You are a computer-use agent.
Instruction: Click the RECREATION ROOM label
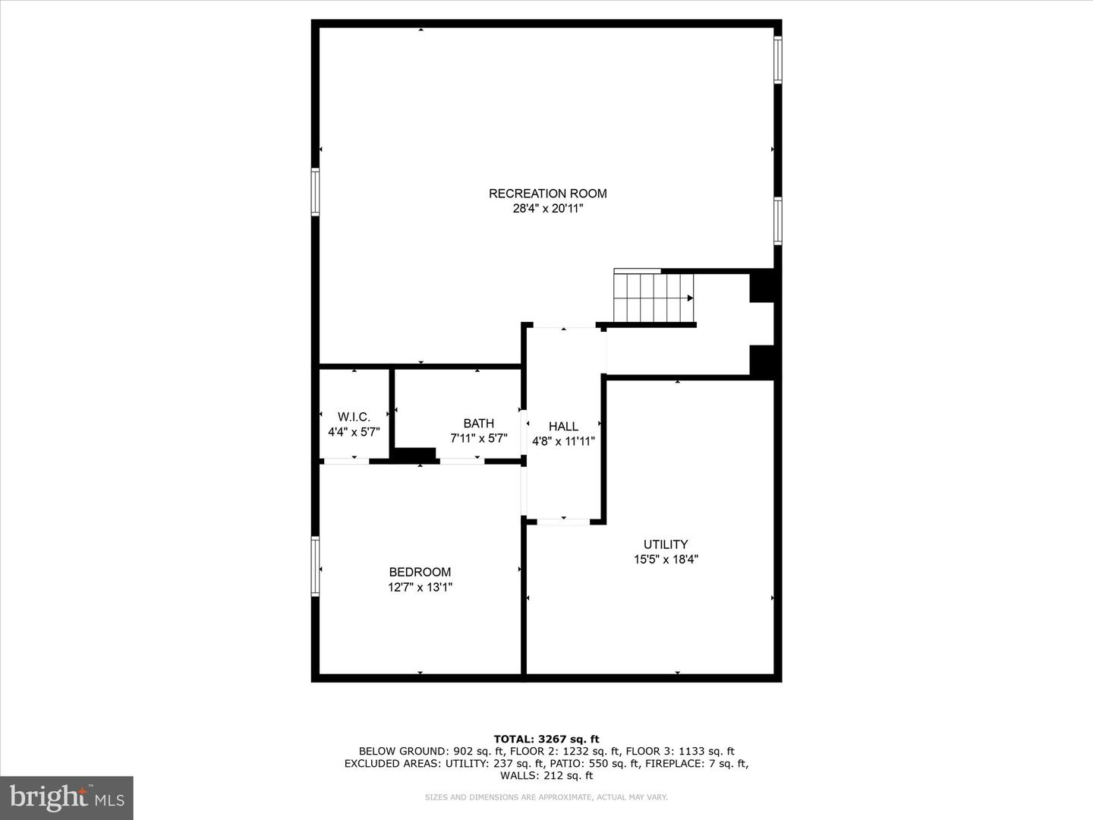click(547, 194)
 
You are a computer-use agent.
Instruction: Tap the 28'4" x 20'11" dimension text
click(547, 209)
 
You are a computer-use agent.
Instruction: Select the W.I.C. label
click(354, 417)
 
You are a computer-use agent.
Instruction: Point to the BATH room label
click(478, 424)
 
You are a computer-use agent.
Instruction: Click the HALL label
click(563, 427)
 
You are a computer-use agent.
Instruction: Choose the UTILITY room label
click(666, 544)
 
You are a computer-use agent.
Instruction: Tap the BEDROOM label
click(420, 572)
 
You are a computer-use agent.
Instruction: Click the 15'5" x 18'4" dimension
click(666, 560)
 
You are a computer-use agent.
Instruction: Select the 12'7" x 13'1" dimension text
click(420, 587)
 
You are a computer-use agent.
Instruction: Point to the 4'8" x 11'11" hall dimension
click(563, 441)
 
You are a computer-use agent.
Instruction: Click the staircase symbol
click(653, 297)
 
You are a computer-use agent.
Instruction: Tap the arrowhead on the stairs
click(689, 298)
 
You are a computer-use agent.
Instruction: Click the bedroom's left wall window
click(315, 566)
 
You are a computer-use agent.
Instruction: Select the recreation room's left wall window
click(315, 192)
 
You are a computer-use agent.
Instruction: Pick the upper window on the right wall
click(777, 59)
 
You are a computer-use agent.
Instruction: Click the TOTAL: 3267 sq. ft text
click(546, 739)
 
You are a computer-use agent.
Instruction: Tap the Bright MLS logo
click(67, 797)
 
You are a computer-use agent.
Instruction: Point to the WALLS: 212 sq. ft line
click(546, 776)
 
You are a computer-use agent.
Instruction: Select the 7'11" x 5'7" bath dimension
click(478, 439)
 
